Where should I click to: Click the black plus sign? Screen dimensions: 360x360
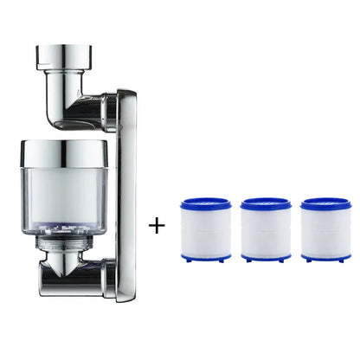(157, 228)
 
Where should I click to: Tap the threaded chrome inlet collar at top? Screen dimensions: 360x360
(61, 58)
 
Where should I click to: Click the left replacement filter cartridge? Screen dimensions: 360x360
(205, 229)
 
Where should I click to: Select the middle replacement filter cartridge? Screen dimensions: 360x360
(266, 229)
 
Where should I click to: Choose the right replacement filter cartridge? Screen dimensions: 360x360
(326, 229)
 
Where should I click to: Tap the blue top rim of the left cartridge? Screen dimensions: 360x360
(205, 204)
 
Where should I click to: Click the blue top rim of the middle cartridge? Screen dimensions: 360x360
(266, 204)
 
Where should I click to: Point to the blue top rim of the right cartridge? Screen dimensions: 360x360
(326, 204)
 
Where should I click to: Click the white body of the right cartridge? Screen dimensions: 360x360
(326, 231)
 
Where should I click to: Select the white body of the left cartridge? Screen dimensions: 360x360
(205, 231)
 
